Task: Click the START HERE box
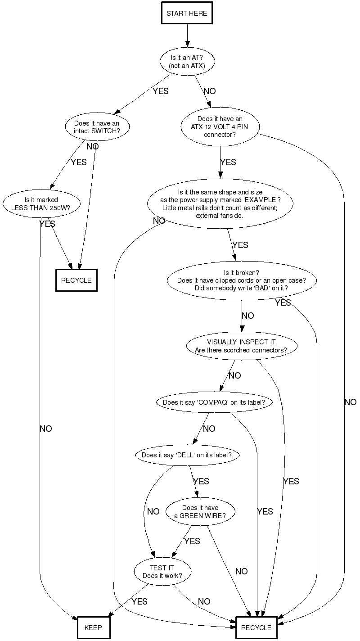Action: [x=187, y=14]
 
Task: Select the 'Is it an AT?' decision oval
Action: [x=187, y=62]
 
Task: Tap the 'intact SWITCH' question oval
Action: [x=97, y=127]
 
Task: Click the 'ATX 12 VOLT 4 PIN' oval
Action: [x=220, y=126]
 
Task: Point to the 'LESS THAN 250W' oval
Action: [x=41, y=204]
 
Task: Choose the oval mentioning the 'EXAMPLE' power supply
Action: [x=220, y=204]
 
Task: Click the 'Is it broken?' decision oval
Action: [x=242, y=280]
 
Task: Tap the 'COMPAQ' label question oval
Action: [x=214, y=402]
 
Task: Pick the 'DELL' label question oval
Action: [x=187, y=455]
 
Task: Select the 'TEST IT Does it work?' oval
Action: [x=162, y=572]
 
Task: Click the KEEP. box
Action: [x=94, y=627]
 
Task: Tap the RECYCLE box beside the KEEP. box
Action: [x=256, y=627]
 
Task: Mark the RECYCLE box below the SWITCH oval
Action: [x=76, y=280]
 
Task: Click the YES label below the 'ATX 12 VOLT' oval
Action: [x=228, y=163]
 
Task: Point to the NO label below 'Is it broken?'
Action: [x=247, y=316]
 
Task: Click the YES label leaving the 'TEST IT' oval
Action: [x=139, y=601]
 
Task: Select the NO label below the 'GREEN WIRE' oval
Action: [x=241, y=572]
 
